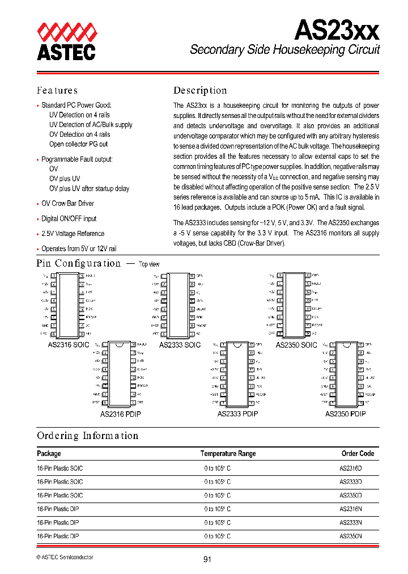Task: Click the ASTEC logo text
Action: click(x=66, y=52)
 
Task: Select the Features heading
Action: click(x=57, y=90)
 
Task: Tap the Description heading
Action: click(x=200, y=90)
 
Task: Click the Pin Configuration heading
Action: click(x=79, y=263)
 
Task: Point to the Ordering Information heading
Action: click(x=87, y=436)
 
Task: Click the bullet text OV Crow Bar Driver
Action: click(x=67, y=204)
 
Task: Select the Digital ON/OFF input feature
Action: click(x=69, y=218)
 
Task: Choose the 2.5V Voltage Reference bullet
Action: click(x=73, y=234)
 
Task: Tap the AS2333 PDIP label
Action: click(x=237, y=414)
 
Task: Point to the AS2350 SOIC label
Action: click(x=296, y=345)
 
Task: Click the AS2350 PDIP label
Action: click(x=345, y=414)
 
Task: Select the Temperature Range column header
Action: click(x=228, y=454)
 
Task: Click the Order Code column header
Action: click(x=358, y=454)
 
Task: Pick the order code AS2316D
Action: click(x=351, y=469)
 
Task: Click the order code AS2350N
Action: click(x=351, y=536)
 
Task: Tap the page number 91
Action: click(x=207, y=559)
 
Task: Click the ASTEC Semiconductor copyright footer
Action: click(x=65, y=557)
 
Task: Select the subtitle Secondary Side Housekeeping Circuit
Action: click(x=284, y=50)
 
